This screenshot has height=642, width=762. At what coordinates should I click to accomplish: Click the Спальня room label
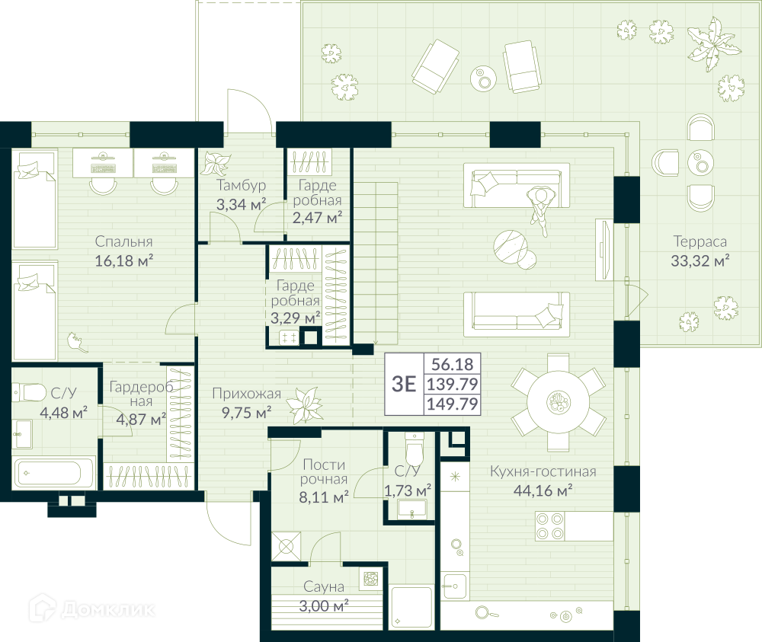click(123, 241)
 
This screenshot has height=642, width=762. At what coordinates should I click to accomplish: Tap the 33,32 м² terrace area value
click(700, 260)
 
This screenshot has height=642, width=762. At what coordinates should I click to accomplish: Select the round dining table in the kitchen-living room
click(559, 403)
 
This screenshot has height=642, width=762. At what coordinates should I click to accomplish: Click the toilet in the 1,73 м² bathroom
click(415, 450)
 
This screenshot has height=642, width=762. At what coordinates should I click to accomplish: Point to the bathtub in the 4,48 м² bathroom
click(54, 472)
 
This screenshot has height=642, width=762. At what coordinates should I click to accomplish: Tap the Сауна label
click(324, 586)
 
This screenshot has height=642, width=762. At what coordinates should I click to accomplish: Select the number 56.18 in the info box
click(452, 364)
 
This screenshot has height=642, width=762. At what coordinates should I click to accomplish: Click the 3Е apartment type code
click(404, 384)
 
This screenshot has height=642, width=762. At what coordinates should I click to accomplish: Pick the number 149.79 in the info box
click(452, 404)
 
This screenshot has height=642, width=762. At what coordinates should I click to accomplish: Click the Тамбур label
click(241, 185)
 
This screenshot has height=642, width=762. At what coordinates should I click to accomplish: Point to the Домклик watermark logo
click(92, 608)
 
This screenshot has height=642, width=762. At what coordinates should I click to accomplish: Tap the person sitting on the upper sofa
click(539, 209)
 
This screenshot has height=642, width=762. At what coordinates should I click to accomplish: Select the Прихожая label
click(246, 394)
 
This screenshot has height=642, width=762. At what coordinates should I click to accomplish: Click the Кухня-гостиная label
click(543, 471)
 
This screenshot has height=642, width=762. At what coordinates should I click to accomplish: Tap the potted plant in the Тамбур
click(216, 163)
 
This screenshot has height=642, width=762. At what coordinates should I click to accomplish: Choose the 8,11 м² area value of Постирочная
click(324, 497)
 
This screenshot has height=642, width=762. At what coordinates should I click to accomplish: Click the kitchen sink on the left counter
click(455, 586)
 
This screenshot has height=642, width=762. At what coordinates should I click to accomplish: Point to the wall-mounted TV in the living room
click(604, 250)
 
